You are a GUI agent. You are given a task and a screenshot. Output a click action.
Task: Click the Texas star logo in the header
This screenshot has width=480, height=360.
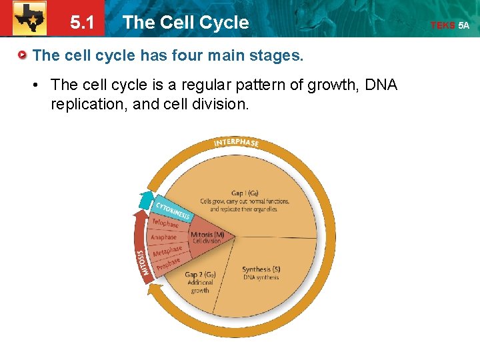pyautogui.click(x=29, y=19)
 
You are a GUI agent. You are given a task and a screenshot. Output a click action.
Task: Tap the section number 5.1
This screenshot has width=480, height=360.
pyautogui.click(x=82, y=23)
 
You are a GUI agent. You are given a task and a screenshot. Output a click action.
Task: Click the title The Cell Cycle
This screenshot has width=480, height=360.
pyautogui.click(x=185, y=23)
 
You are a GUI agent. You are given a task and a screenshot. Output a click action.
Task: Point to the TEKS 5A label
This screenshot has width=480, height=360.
pyautogui.click(x=450, y=25)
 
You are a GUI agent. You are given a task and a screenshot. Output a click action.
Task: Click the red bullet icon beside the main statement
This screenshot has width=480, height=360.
pyautogui.click(x=23, y=55)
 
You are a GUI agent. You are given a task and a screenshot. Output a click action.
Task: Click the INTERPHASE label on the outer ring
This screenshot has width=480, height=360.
pyautogui.click(x=236, y=143)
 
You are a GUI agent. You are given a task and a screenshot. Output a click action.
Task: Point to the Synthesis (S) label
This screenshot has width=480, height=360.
pyautogui.click(x=261, y=270)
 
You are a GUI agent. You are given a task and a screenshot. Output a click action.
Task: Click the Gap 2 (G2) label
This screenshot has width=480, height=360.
pyautogui.click(x=199, y=275)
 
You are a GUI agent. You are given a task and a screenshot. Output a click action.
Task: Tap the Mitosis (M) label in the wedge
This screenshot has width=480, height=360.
pyautogui.click(x=207, y=235)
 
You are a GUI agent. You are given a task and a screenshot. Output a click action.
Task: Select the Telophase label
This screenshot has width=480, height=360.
pyautogui.click(x=165, y=223)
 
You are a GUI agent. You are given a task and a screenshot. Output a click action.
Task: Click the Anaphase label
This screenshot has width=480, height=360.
pyautogui.click(x=163, y=237)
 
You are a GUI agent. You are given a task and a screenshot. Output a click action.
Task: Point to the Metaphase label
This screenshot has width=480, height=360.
pyautogui.click(x=167, y=252)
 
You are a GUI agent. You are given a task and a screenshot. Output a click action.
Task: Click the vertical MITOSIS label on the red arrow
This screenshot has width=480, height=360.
pyautogui.click(x=141, y=263)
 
